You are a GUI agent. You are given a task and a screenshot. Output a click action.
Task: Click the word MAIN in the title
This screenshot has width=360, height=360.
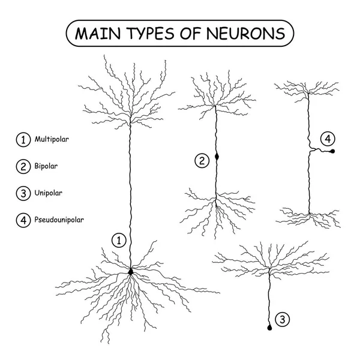(x=98, y=34)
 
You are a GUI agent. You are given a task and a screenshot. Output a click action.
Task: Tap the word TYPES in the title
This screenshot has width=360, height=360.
(x=151, y=34)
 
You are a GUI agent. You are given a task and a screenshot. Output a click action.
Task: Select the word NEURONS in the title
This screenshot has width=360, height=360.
(x=246, y=34)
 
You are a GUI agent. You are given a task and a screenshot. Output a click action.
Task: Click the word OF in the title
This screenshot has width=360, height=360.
(x=191, y=34)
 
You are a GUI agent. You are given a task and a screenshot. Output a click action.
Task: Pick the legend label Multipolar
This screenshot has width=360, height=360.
(x=52, y=139)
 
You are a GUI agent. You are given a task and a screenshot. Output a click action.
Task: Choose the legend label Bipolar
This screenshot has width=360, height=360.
(x=46, y=166)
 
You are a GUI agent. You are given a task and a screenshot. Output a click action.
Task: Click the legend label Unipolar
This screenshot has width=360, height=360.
(x=48, y=193)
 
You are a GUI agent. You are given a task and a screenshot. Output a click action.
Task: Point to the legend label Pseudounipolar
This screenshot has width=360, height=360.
(x=59, y=220)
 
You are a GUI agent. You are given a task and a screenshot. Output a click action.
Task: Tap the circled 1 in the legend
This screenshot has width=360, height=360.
(x=23, y=140)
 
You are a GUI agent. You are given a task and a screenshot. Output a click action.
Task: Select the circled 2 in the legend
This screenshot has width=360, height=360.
(x=23, y=166)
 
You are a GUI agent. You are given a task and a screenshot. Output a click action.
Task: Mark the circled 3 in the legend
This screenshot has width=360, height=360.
(x=23, y=193)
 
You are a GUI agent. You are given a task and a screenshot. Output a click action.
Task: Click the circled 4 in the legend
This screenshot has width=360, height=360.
(x=23, y=220)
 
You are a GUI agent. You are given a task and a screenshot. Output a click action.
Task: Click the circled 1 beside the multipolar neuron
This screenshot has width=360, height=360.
(x=119, y=241)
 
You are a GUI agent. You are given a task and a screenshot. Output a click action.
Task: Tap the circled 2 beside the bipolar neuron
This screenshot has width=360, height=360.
(x=202, y=160)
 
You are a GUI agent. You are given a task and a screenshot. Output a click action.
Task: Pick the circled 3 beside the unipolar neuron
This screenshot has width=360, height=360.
(x=283, y=319)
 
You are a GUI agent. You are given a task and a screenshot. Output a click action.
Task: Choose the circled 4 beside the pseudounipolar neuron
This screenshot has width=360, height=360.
(x=328, y=139)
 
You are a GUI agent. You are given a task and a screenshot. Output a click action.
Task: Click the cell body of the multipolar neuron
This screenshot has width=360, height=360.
(x=131, y=272)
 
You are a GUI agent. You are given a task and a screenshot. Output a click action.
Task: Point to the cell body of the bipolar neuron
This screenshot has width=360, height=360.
(x=217, y=157)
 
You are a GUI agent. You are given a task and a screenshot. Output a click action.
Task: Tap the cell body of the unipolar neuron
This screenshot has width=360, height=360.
(x=269, y=328)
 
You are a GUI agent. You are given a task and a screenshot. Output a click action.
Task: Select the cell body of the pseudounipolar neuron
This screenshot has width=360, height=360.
(x=332, y=151)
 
